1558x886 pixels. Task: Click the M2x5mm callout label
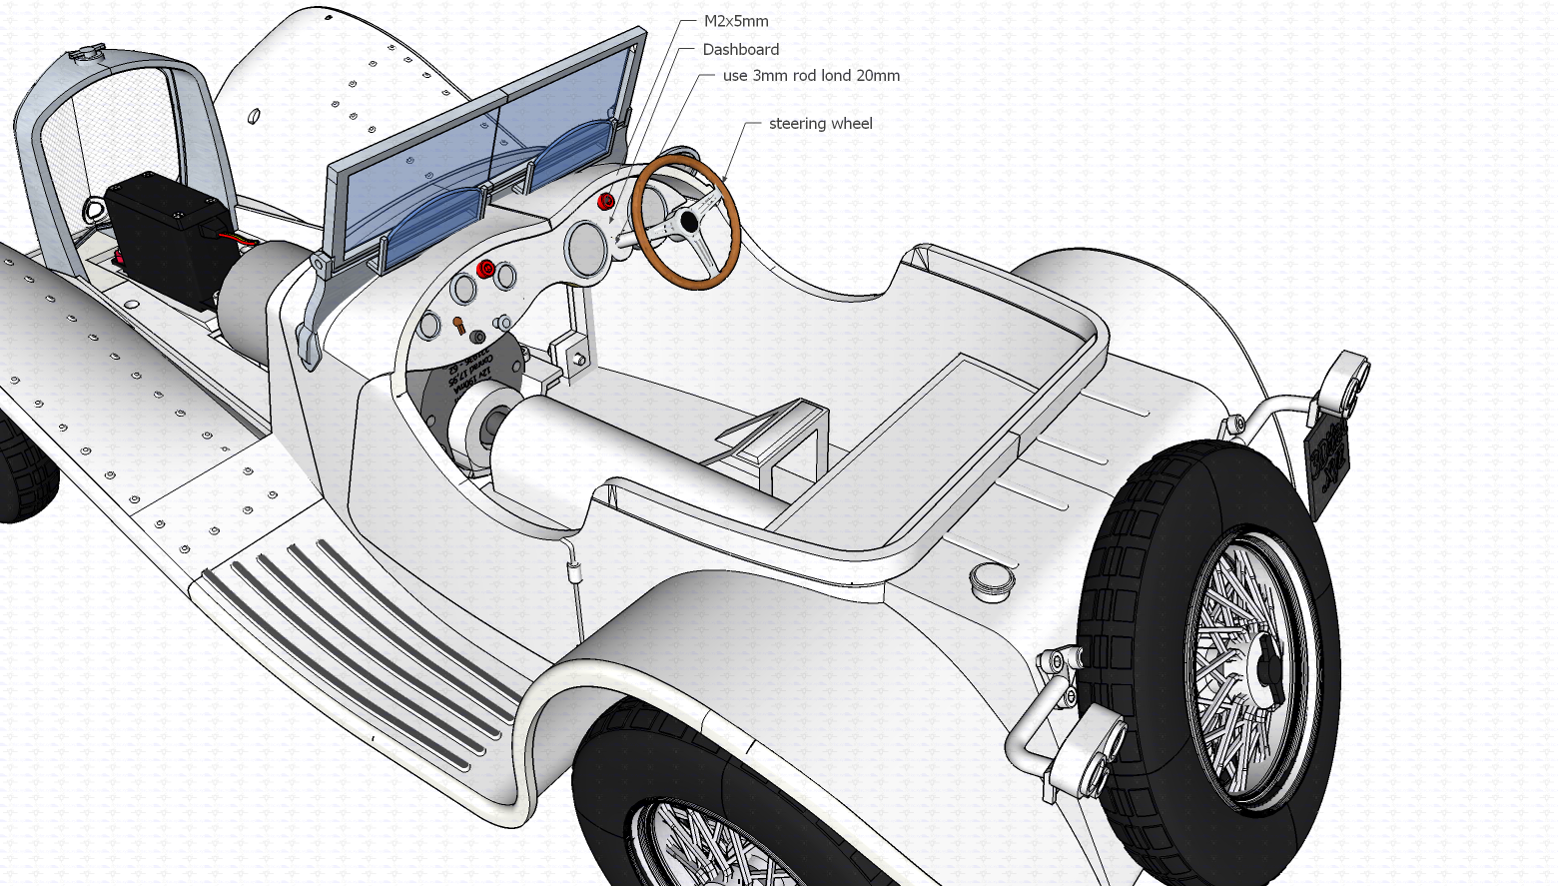735,21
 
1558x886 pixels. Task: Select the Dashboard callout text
740,49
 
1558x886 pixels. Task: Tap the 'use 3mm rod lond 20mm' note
810,76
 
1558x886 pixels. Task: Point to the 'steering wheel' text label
820,124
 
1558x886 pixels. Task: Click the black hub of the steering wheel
688,223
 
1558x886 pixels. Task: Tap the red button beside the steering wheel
605,203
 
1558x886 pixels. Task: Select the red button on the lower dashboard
485,269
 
